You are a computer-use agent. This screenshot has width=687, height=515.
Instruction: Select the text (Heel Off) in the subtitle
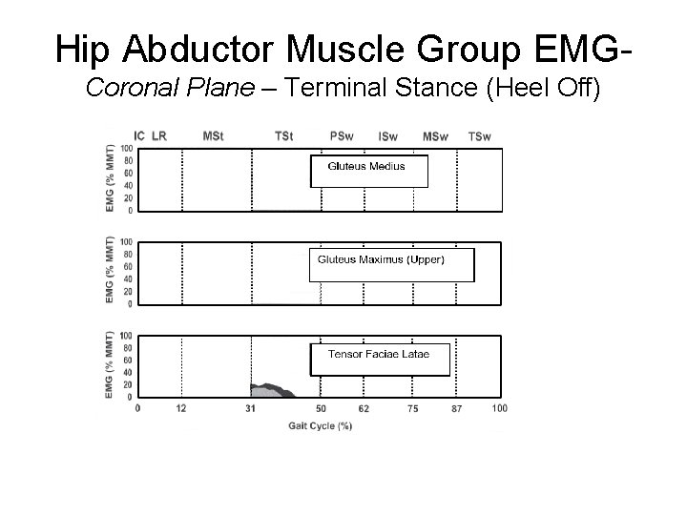tap(545, 90)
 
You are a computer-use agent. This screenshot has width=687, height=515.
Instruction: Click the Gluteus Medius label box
tap(369, 171)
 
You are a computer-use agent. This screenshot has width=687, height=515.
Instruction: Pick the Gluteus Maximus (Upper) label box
tap(390, 264)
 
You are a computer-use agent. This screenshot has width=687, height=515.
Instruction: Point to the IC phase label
tap(139, 136)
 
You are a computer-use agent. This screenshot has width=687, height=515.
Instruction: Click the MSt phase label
tap(214, 136)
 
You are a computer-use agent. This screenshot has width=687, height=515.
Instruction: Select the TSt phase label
tap(283, 136)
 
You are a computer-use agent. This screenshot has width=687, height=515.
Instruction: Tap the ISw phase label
tap(388, 136)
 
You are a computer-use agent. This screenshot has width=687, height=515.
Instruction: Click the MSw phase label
tap(435, 136)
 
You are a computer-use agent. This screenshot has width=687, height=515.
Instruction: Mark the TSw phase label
tap(480, 136)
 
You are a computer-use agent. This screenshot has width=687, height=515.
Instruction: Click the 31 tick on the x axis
tap(250, 408)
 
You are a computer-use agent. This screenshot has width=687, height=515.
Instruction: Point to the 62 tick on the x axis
tap(364, 408)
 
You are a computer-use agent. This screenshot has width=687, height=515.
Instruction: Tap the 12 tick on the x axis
tap(181, 408)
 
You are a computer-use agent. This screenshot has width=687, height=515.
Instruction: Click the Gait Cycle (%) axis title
tap(321, 426)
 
